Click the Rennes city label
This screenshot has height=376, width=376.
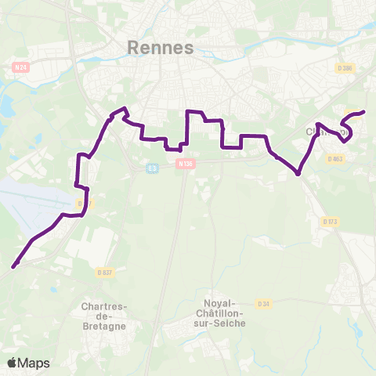click(x=160, y=49)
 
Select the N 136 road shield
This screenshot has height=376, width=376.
click(x=185, y=164)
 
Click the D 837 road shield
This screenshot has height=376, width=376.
click(x=104, y=273)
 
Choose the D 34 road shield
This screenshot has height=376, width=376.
click(x=263, y=304)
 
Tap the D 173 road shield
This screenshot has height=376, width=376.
click(x=329, y=222)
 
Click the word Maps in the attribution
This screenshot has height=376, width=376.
click(x=34, y=363)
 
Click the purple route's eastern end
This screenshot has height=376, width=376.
click(x=364, y=112)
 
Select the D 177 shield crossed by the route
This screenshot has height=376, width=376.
click(x=85, y=204)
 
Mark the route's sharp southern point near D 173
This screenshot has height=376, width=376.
click(x=298, y=174)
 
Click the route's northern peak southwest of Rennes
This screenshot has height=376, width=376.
click(x=124, y=108)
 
